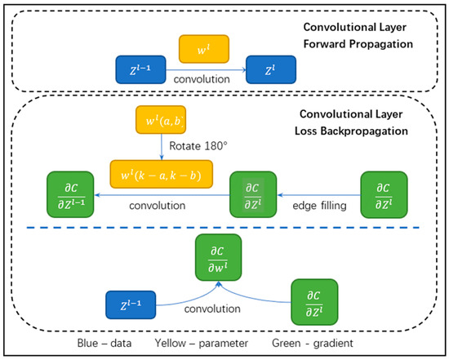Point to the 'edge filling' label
click(317, 208)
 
